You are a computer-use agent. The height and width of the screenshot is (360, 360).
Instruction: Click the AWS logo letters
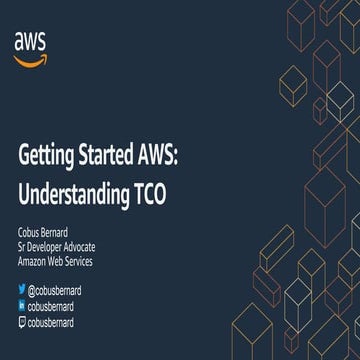coord(32,40)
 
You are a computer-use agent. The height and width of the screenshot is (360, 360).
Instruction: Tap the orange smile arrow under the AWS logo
coord(32,56)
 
